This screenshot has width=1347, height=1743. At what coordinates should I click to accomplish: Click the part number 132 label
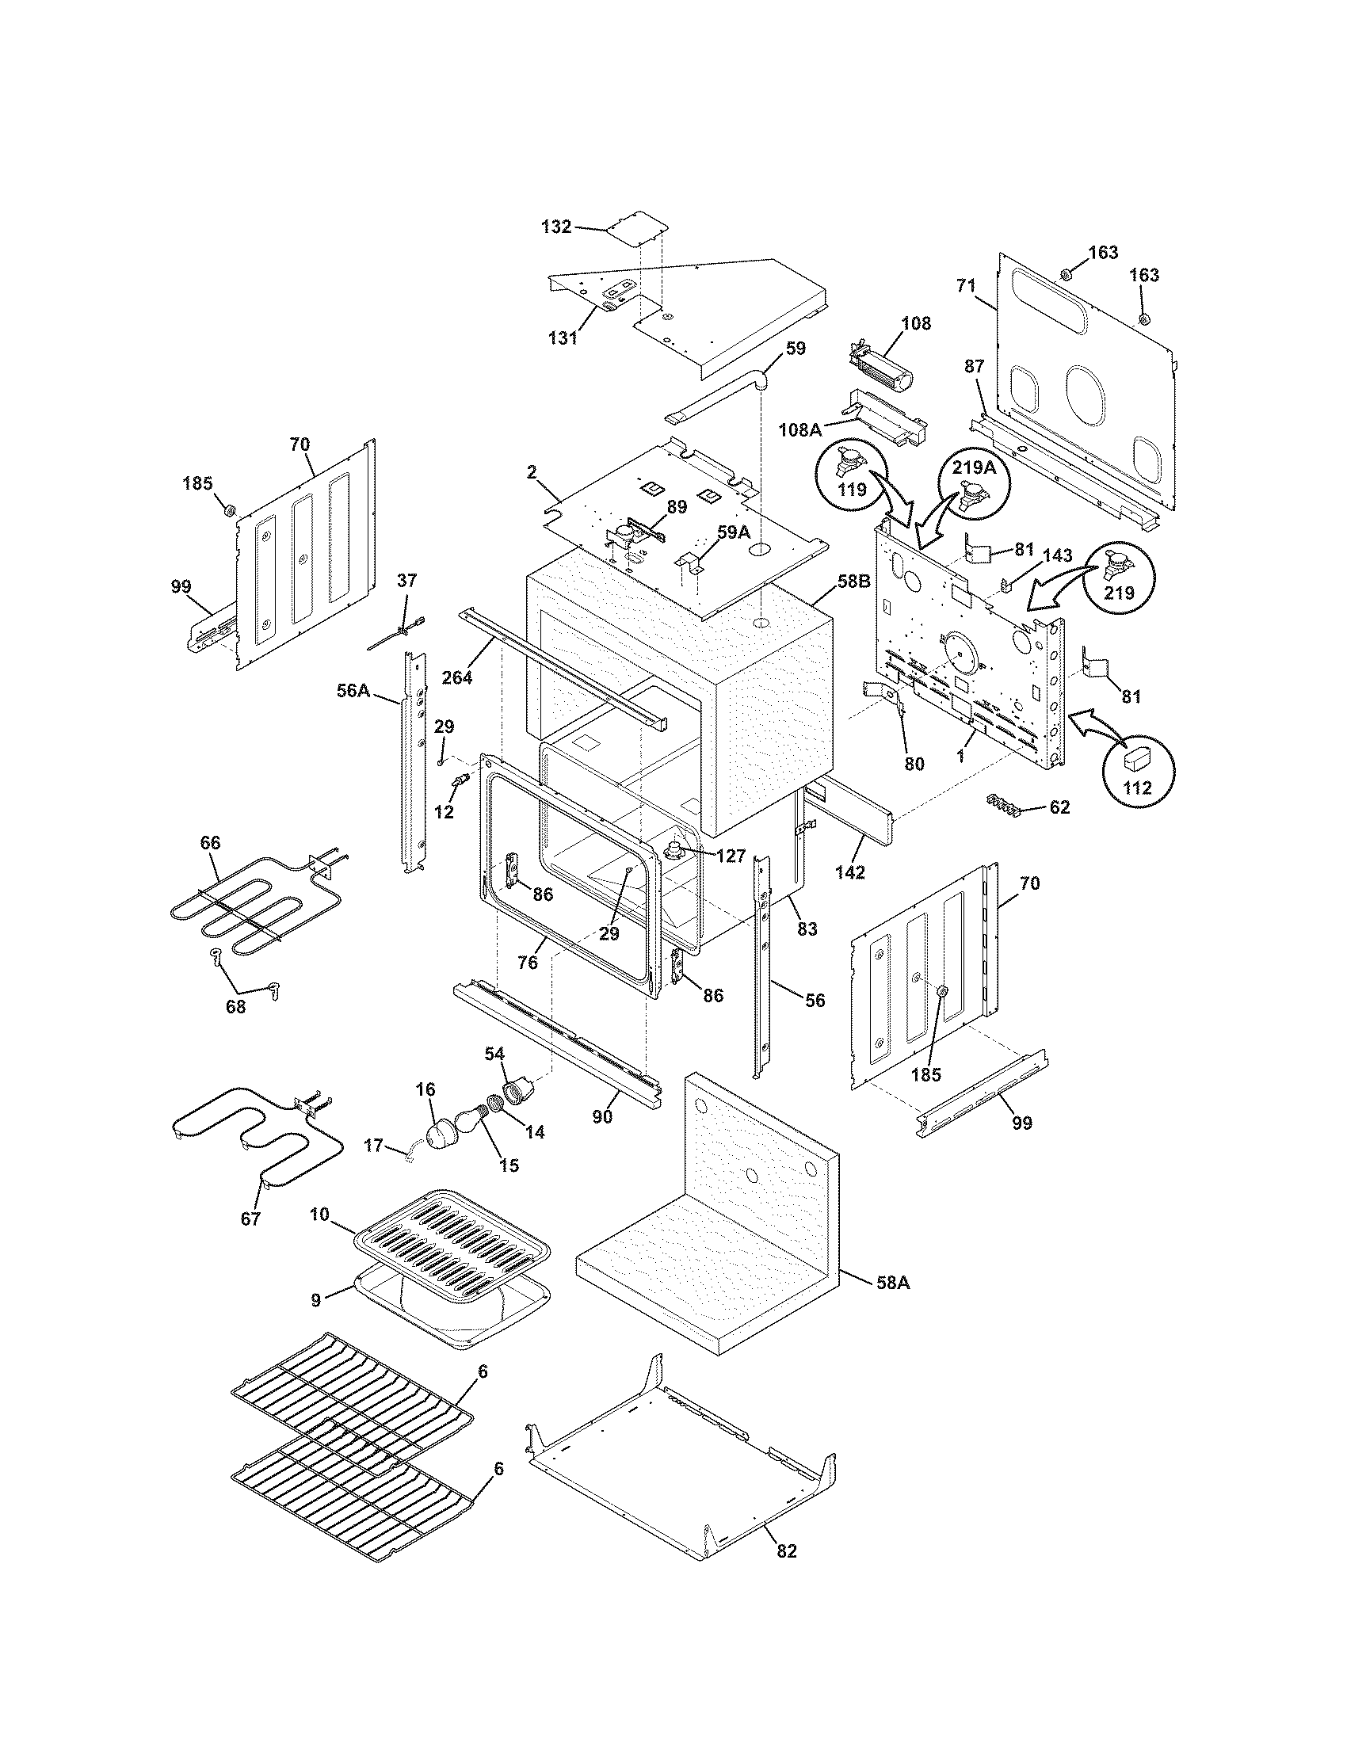[556, 227]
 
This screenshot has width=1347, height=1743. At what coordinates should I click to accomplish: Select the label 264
[457, 677]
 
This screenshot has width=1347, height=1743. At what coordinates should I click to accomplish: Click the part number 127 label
[731, 856]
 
